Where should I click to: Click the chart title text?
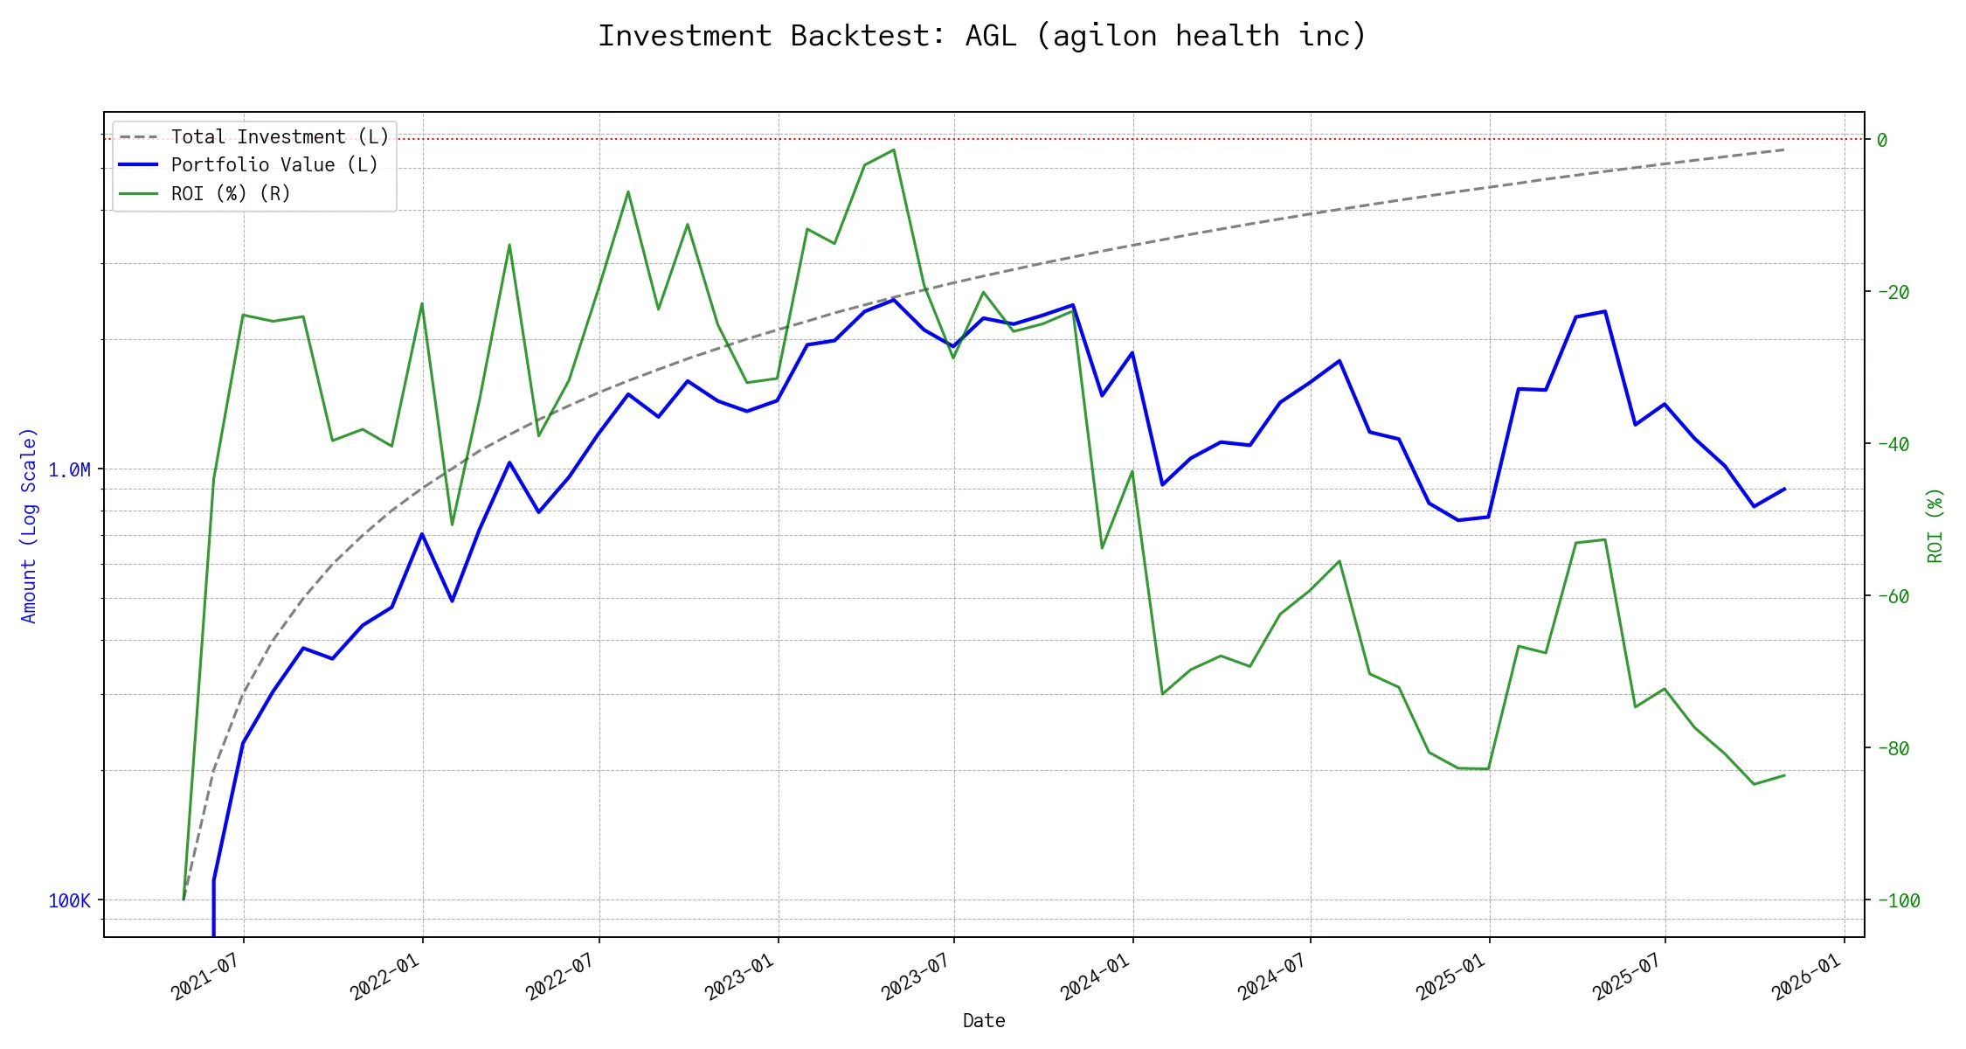click(982, 36)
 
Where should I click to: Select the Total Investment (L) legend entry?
click(279, 137)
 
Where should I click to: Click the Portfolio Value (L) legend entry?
click(273, 165)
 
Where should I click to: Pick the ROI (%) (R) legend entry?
click(230, 193)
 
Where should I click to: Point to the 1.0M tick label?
click(69, 470)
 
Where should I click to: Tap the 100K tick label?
click(69, 901)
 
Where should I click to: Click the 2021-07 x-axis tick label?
click(206, 976)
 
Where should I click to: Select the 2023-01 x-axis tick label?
click(740, 976)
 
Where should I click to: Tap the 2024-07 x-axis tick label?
click(1273, 976)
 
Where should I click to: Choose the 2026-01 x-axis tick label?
click(1807, 976)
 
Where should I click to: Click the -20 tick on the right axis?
click(1893, 293)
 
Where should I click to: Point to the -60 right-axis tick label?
click(1893, 597)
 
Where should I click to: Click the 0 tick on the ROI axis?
click(1882, 140)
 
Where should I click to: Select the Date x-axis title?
click(984, 1021)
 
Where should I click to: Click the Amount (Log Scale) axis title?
click(29, 525)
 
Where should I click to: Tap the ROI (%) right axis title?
click(1935, 525)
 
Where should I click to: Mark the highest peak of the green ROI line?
click(894, 149)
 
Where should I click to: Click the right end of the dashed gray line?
click(1784, 149)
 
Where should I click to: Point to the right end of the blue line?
click(1784, 489)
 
